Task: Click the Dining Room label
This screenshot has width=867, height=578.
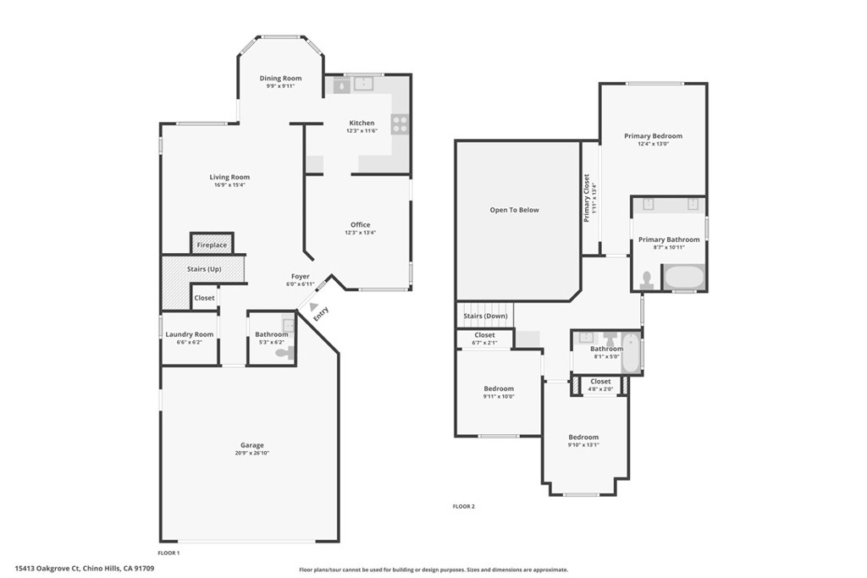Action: click(280, 79)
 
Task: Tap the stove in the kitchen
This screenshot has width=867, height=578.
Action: click(400, 124)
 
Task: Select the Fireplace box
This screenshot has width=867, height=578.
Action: click(212, 245)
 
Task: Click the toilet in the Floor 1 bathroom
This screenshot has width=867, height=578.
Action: click(285, 353)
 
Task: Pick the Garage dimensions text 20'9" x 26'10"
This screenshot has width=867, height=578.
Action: click(251, 454)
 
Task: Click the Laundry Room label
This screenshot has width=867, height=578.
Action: click(190, 334)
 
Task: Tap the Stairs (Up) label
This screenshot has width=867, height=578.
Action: click(203, 269)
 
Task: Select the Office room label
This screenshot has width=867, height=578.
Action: click(360, 224)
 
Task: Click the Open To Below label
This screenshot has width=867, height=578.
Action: click(514, 210)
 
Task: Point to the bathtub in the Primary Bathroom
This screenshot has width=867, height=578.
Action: click(682, 277)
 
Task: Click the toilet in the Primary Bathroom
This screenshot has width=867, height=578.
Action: click(648, 278)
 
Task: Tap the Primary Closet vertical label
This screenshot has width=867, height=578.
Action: click(586, 198)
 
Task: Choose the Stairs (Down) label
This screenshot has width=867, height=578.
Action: click(485, 317)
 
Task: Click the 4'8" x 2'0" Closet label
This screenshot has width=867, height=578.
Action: click(600, 382)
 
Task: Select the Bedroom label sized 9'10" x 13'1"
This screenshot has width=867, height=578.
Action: click(583, 437)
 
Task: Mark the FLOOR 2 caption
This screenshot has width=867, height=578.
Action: click(464, 507)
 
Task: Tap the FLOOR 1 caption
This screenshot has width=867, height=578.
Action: click(169, 553)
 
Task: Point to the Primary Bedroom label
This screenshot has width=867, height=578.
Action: click(653, 135)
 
